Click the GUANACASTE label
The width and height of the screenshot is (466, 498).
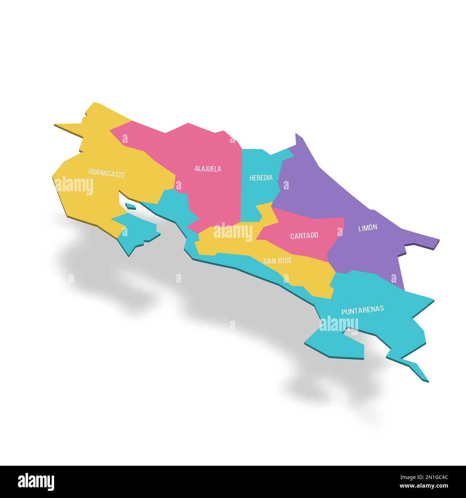click(x=107, y=174)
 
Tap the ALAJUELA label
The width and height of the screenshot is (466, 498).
click(x=208, y=168)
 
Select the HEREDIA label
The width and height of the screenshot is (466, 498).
click(x=261, y=177)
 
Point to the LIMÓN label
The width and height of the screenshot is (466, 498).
click(x=368, y=228)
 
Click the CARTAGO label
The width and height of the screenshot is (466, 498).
click(x=304, y=235)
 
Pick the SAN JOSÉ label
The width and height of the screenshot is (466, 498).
click(x=277, y=260)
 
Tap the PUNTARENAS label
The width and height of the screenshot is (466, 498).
click(x=362, y=310)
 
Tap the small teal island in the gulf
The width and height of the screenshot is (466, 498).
click(x=130, y=206)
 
